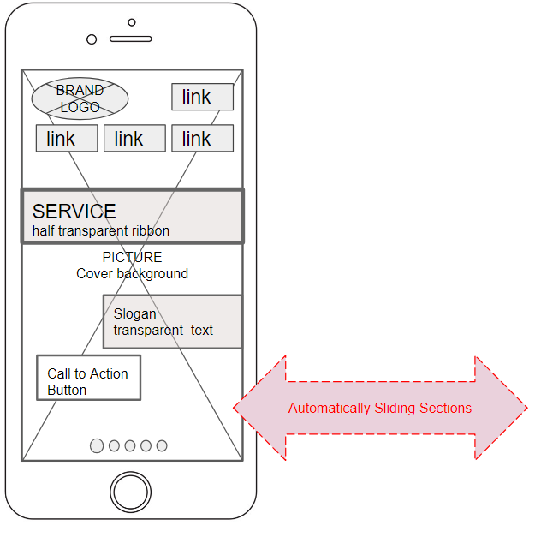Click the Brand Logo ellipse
click(x=80, y=98)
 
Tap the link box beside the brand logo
click(x=202, y=97)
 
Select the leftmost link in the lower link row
click(x=66, y=139)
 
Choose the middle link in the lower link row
click(x=134, y=139)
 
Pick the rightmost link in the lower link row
click(x=202, y=139)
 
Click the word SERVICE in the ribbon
click(x=74, y=212)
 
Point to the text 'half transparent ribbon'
click(x=101, y=231)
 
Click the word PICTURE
click(x=132, y=257)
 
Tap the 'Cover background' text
click(x=132, y=274)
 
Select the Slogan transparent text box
click(x=172, y=322)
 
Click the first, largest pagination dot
click(x=97, y=445)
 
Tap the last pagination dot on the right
click(x=162, y=445)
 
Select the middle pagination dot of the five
click(x=130, y=445)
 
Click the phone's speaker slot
click(x=131, y=39)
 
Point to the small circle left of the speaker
click(x=92, y=39)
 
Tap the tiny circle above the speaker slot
click(x=131, y=22)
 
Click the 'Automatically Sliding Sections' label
click(x=379, y=409)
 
